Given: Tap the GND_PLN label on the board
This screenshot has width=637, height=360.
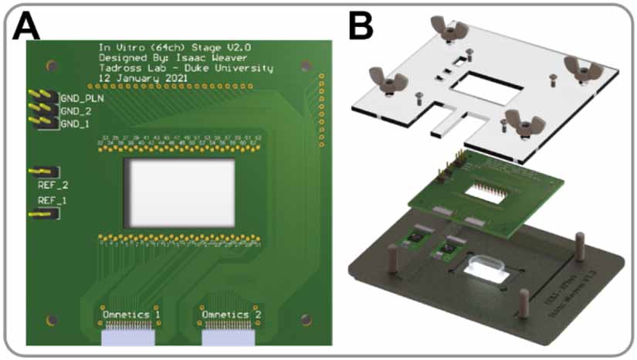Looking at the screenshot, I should click(x=82, y=99).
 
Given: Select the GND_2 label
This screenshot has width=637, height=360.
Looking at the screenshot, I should click(x=76, y=111).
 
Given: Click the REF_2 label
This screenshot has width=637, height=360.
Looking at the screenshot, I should click(x=53, y=185).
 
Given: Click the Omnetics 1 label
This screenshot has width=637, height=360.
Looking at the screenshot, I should click(x=131, y=314).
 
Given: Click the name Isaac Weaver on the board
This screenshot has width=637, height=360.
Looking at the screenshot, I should click(x=213, y=56).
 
